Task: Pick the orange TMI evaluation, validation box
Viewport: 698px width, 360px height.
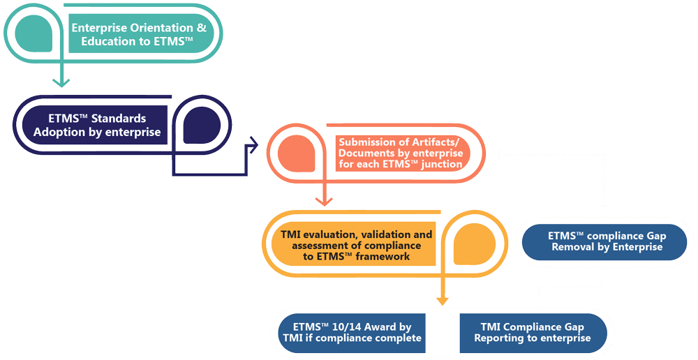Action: click(349, 246)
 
